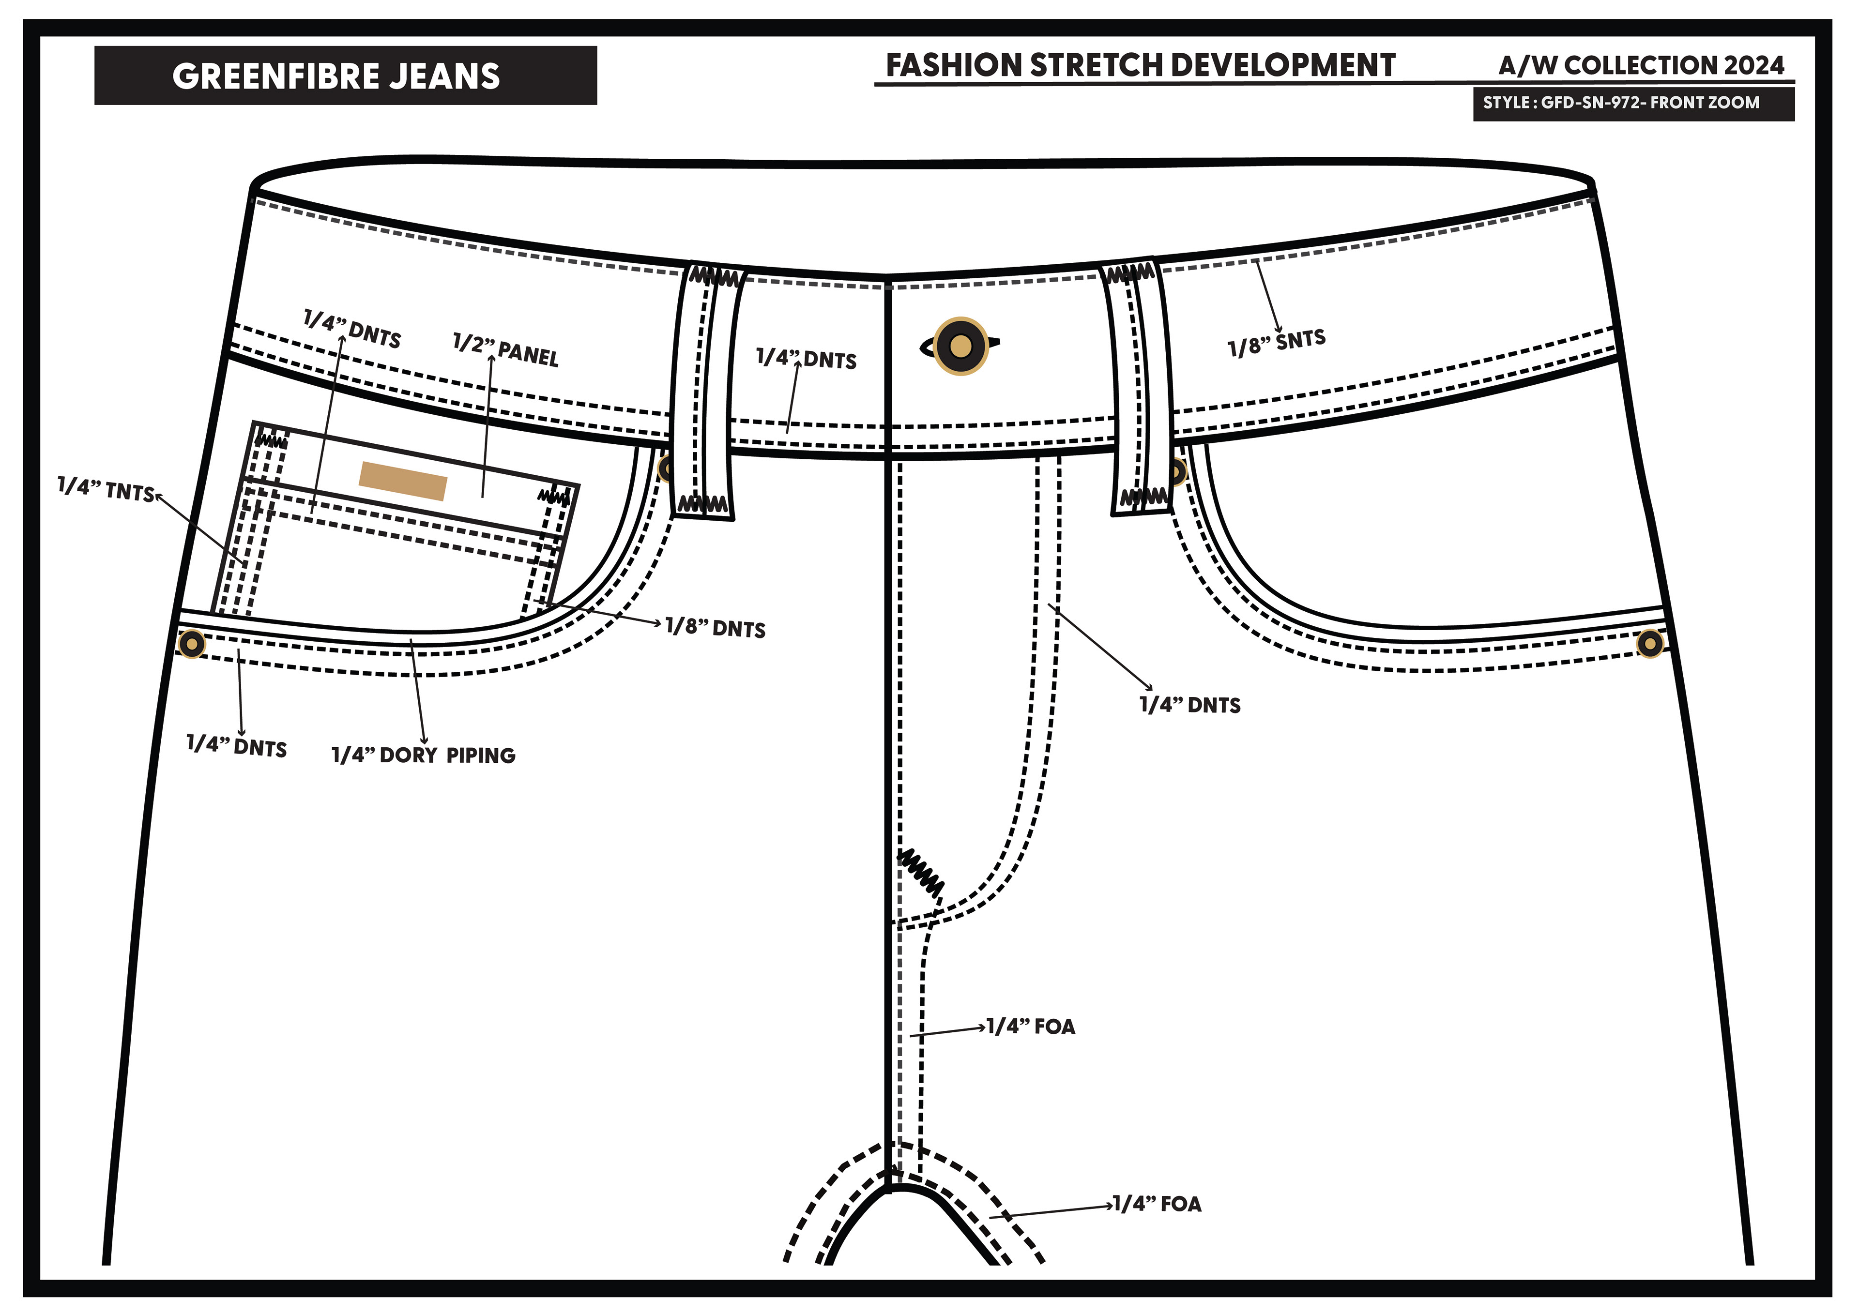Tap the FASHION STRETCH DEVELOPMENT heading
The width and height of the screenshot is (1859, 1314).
1140,65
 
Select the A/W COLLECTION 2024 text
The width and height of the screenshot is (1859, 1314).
1641,65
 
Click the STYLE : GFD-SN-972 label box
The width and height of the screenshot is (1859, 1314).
1633,103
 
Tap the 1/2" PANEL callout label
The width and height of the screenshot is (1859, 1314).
505,350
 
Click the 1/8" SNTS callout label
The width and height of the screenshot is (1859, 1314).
1276,343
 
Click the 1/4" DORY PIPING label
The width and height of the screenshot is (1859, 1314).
424,755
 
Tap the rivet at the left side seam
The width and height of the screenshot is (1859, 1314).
192,645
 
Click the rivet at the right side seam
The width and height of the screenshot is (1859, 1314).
1650,644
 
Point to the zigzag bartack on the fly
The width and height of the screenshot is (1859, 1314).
921,873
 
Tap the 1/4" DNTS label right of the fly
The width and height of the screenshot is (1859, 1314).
1189,704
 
